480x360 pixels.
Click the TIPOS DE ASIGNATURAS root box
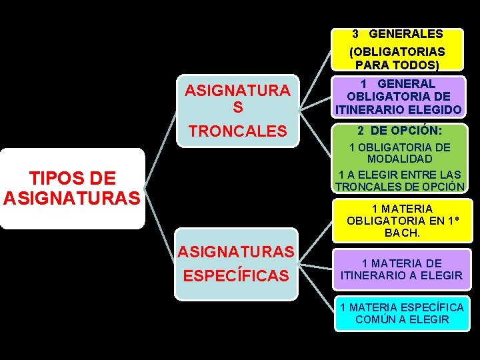click(x=72, y=188)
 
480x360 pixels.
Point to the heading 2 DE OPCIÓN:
click(x=398, y=131)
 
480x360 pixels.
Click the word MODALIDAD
click(x=399, y=159)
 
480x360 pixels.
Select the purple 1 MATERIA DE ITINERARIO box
click(x=401, y=269)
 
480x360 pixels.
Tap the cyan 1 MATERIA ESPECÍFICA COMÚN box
click(x=401, y=313)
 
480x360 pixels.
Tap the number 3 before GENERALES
click(x=356, y=33)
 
